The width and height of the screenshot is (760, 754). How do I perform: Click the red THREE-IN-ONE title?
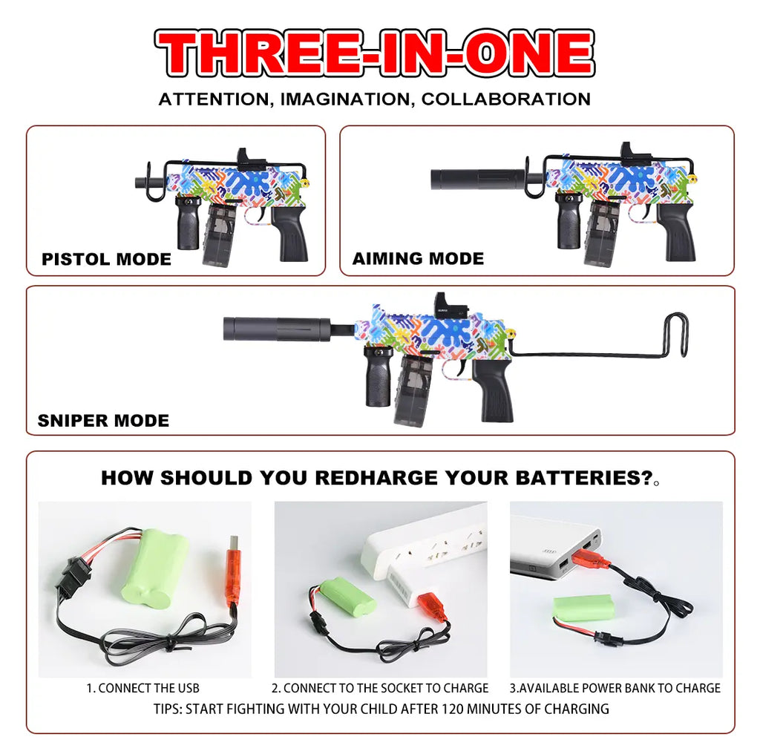[375, 53]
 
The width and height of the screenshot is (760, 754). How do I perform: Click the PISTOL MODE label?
[107, 259]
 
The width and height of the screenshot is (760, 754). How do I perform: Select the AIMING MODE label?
[419, 258]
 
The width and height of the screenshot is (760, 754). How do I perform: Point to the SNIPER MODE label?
[104, 420]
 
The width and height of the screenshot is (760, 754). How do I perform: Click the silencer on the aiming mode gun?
[478, 180]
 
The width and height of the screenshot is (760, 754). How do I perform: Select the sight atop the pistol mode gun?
[250, 159]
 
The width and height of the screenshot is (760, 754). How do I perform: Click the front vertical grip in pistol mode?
[188, 223]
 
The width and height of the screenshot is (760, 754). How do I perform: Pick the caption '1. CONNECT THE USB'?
[143, 688]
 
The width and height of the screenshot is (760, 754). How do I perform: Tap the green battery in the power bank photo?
[583, 608]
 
